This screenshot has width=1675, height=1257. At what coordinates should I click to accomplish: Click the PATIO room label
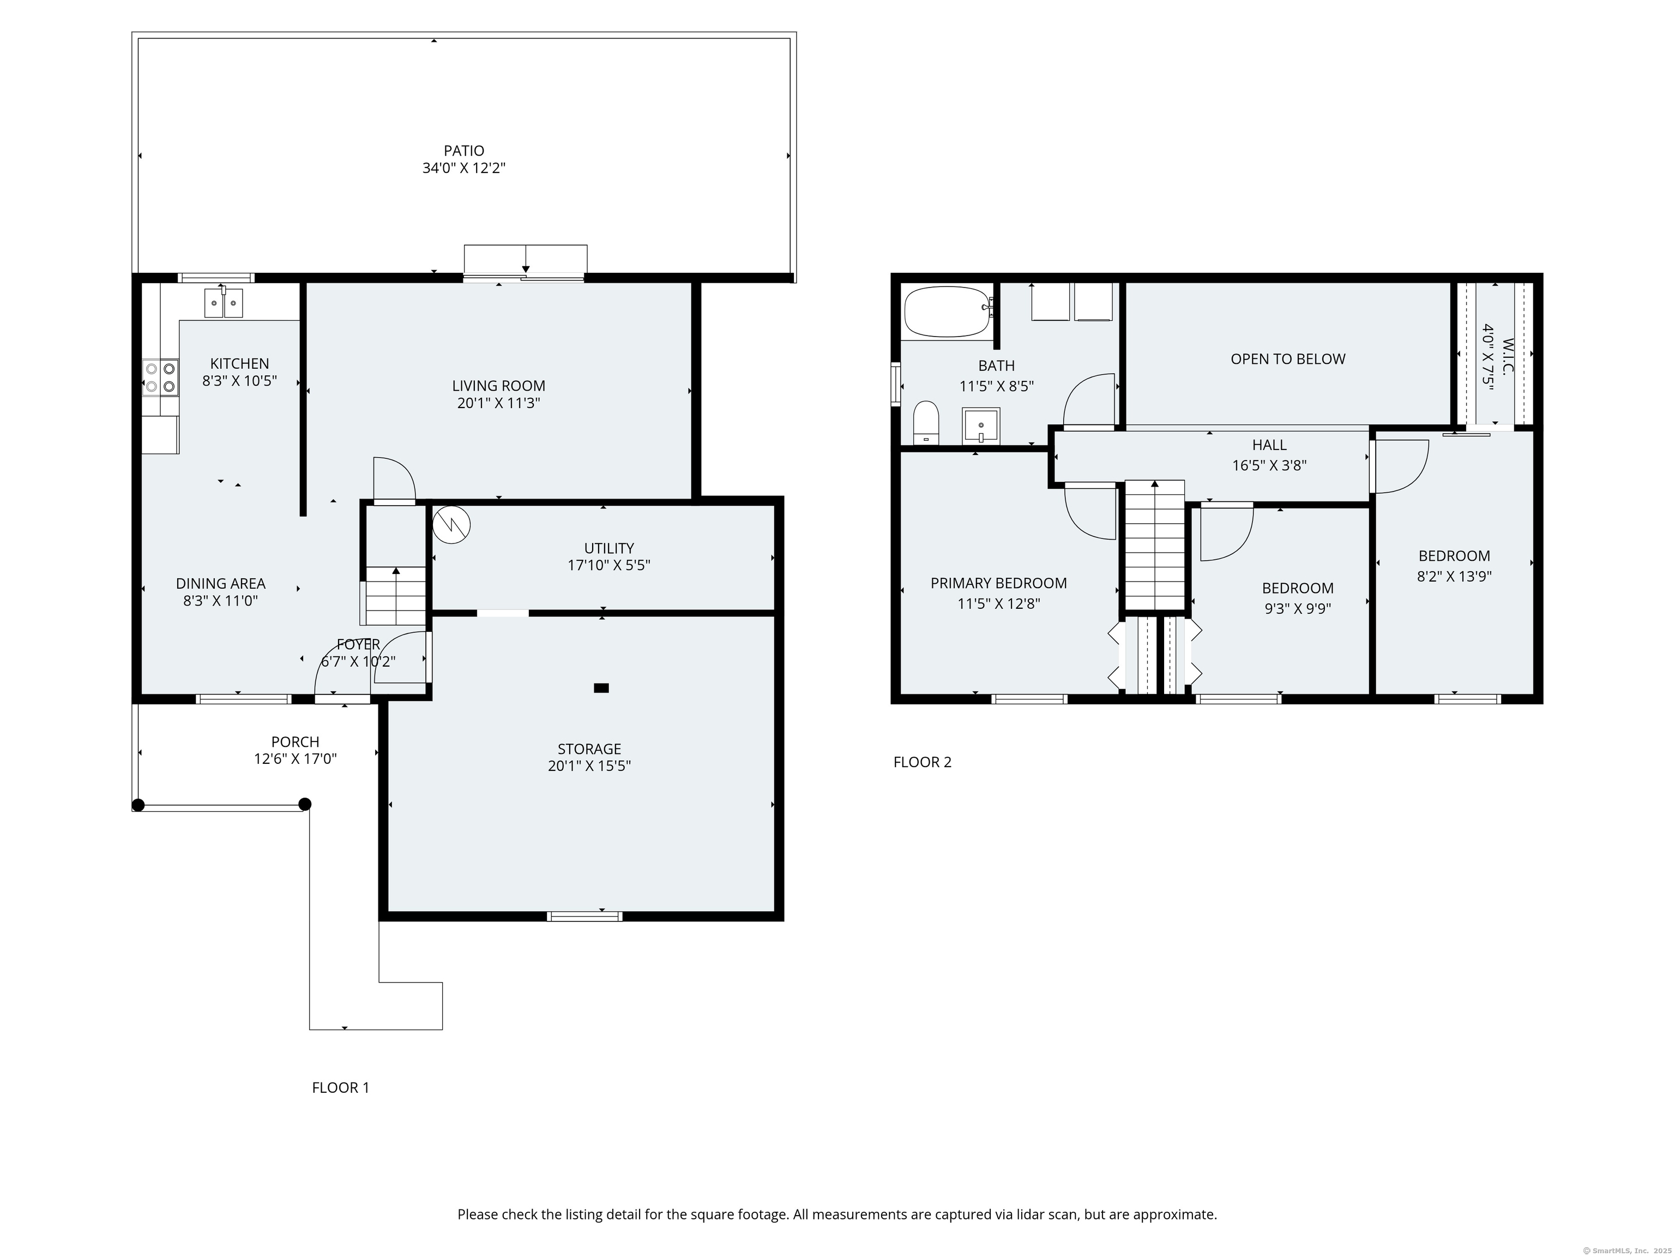pyautogui.click(x=463, y=151)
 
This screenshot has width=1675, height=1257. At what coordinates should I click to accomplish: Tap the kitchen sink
pyautogui.click(x=224, y=303)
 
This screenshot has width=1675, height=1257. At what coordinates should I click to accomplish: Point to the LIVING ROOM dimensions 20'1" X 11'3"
pyautogui.click(x=498, y=403)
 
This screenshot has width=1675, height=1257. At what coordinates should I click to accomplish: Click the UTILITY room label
pyautogui.click(x=609, y=548)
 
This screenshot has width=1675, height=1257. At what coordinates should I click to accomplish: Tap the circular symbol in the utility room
pyautogui.click(x=451, y=524)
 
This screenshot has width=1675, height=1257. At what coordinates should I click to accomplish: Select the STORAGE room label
pyautogui.click(x=589, y=749)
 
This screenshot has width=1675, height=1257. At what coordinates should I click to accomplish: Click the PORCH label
pyautogui.click(x=296, y=742)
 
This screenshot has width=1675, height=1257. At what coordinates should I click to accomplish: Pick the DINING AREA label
pyautogui.click(x=220, y=583)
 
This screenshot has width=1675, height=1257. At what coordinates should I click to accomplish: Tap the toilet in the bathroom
pyautogui.click(x=926, y=422)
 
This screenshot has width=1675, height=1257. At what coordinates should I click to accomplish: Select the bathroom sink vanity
pyautogui.click(x=981, y=426)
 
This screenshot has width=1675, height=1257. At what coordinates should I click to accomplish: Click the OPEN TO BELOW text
pyautogui.click(x=1288, y=359)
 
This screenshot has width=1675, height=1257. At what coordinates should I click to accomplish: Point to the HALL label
pyautogui.click(x=1269, y=445)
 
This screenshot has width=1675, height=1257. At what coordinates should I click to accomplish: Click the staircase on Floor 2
pyautogui.click(x=1154, y=545)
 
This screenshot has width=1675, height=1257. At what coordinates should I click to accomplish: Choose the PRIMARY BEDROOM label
pyautogui.click(x=999, y=583)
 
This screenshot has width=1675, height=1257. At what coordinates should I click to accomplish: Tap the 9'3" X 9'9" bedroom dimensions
pyautogui.click(x=1298, y=608)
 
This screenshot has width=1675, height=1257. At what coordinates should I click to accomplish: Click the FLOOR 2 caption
pyautogui.click(x=923, y=762)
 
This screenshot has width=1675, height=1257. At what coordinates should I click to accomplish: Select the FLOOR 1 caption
pyautogui.click(x=341, y=1088)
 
